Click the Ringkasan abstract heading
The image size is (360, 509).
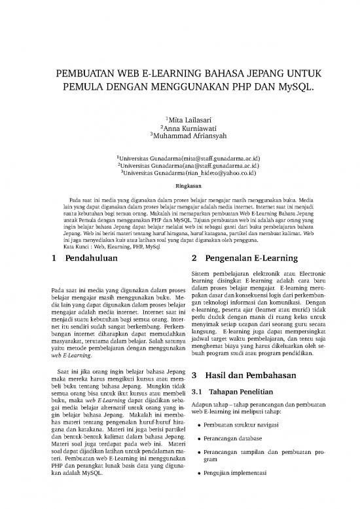180,185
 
